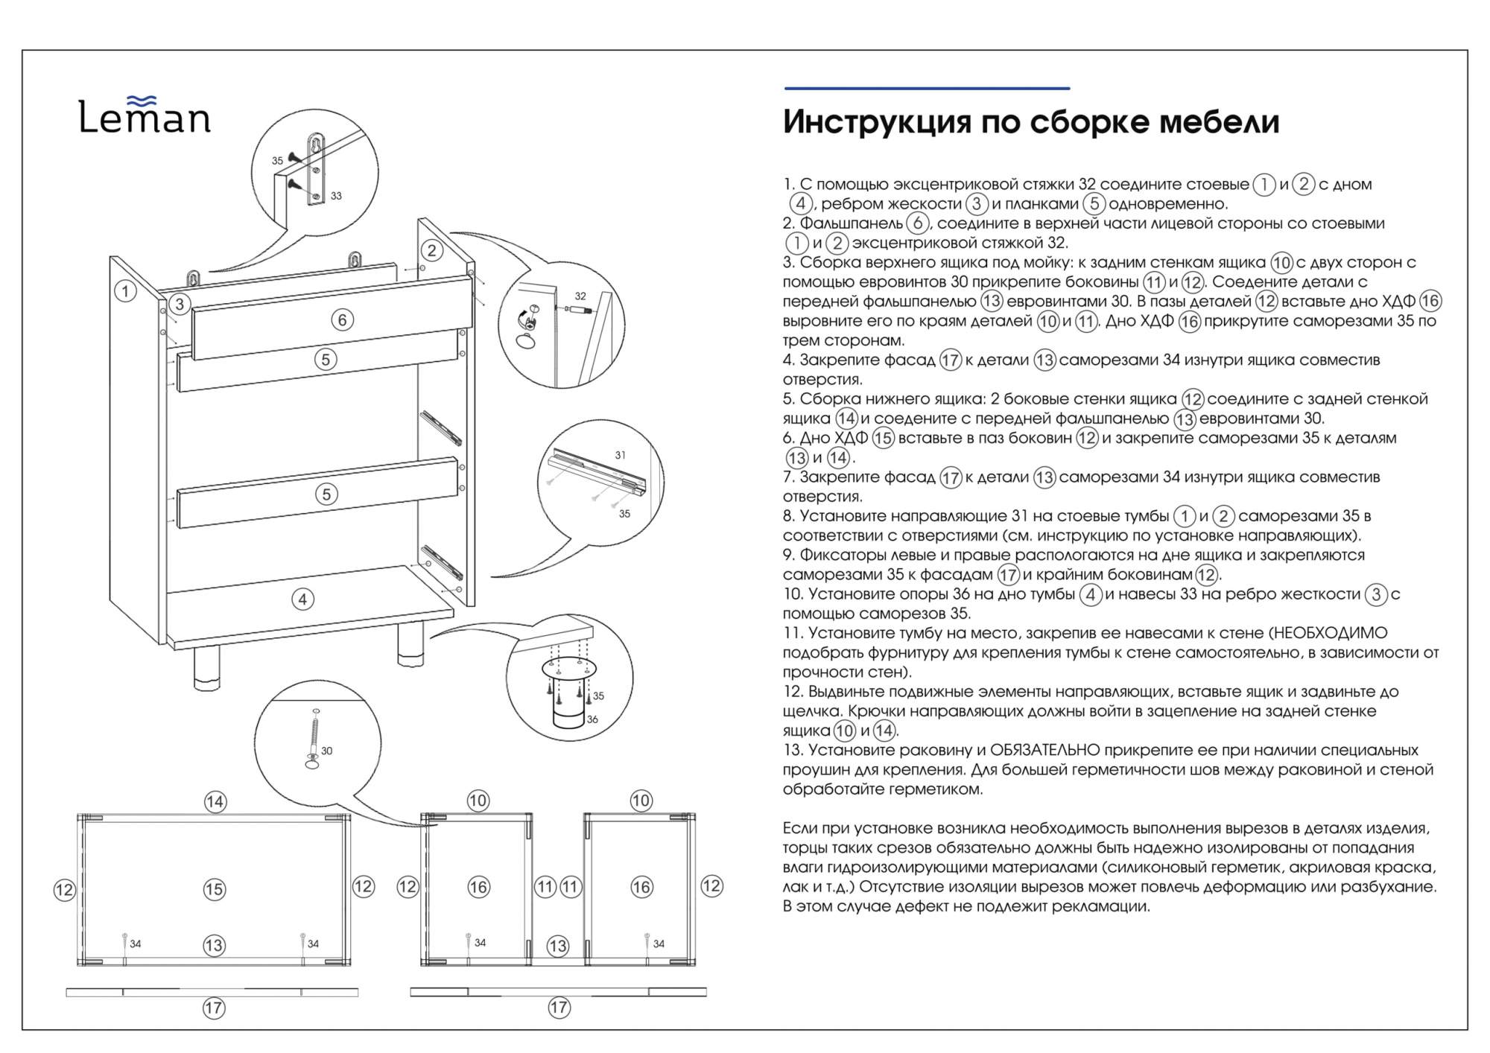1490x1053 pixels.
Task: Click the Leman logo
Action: tap(145, 116)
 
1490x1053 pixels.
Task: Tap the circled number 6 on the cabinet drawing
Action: tap(342, 319)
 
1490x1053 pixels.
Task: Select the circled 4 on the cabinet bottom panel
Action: tap(302, 599)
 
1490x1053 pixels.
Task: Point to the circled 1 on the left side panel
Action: tap(126, 291)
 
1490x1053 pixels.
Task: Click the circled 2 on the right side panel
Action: tap(431, 250)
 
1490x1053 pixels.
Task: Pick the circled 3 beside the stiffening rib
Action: tap(179, 304)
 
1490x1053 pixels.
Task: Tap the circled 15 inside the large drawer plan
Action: tap(214, 888)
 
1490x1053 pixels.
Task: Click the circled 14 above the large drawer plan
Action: tap(215, 801)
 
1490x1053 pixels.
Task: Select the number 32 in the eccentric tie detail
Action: tap(580, 296)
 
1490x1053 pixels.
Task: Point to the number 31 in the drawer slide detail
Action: tap(620, 455)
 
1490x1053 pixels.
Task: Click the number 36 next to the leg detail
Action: tap(592, 719)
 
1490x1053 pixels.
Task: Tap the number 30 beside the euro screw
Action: tap(326, 751)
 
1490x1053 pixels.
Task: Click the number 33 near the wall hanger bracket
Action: tap(336, 196)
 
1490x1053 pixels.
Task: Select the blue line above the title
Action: tap(927, 89)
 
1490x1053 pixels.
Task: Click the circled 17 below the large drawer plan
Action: tap(214, 1008)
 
